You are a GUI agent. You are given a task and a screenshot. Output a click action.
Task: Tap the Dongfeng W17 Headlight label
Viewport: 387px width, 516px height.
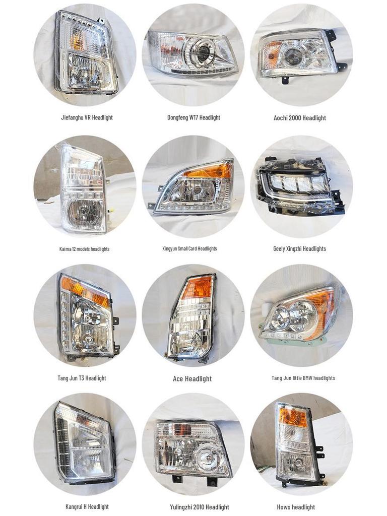click(x=193, y=117)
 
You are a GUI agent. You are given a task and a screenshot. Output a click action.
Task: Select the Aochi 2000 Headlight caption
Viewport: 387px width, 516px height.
click(x=300, y=118)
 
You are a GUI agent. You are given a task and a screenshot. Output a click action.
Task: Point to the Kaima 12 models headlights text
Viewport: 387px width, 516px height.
click(x=84, y=249)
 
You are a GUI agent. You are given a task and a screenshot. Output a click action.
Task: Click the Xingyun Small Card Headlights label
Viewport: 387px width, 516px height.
click(x=189, y=248)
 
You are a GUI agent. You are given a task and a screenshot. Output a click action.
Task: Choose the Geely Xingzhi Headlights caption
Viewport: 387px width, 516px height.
click(x=299, y=248)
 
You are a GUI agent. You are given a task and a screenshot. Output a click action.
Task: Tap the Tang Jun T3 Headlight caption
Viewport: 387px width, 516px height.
click(x=82, y=378)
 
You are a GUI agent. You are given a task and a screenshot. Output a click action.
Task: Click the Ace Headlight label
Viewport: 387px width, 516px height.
click(x=192, y=379)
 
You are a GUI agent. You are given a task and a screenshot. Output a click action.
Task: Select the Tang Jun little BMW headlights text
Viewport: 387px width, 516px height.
click(x=303, y=378)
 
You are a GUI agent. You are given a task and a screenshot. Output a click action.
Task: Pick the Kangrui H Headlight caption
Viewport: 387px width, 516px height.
click(x=87, y=506)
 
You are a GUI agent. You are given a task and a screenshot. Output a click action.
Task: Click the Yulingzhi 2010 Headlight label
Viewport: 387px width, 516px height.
click(x=200, y=507)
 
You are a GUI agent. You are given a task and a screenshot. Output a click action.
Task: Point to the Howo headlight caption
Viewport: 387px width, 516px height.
click(x=296, y=507)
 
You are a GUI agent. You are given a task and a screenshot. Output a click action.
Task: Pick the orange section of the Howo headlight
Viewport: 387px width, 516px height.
click(x=293, y=417)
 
